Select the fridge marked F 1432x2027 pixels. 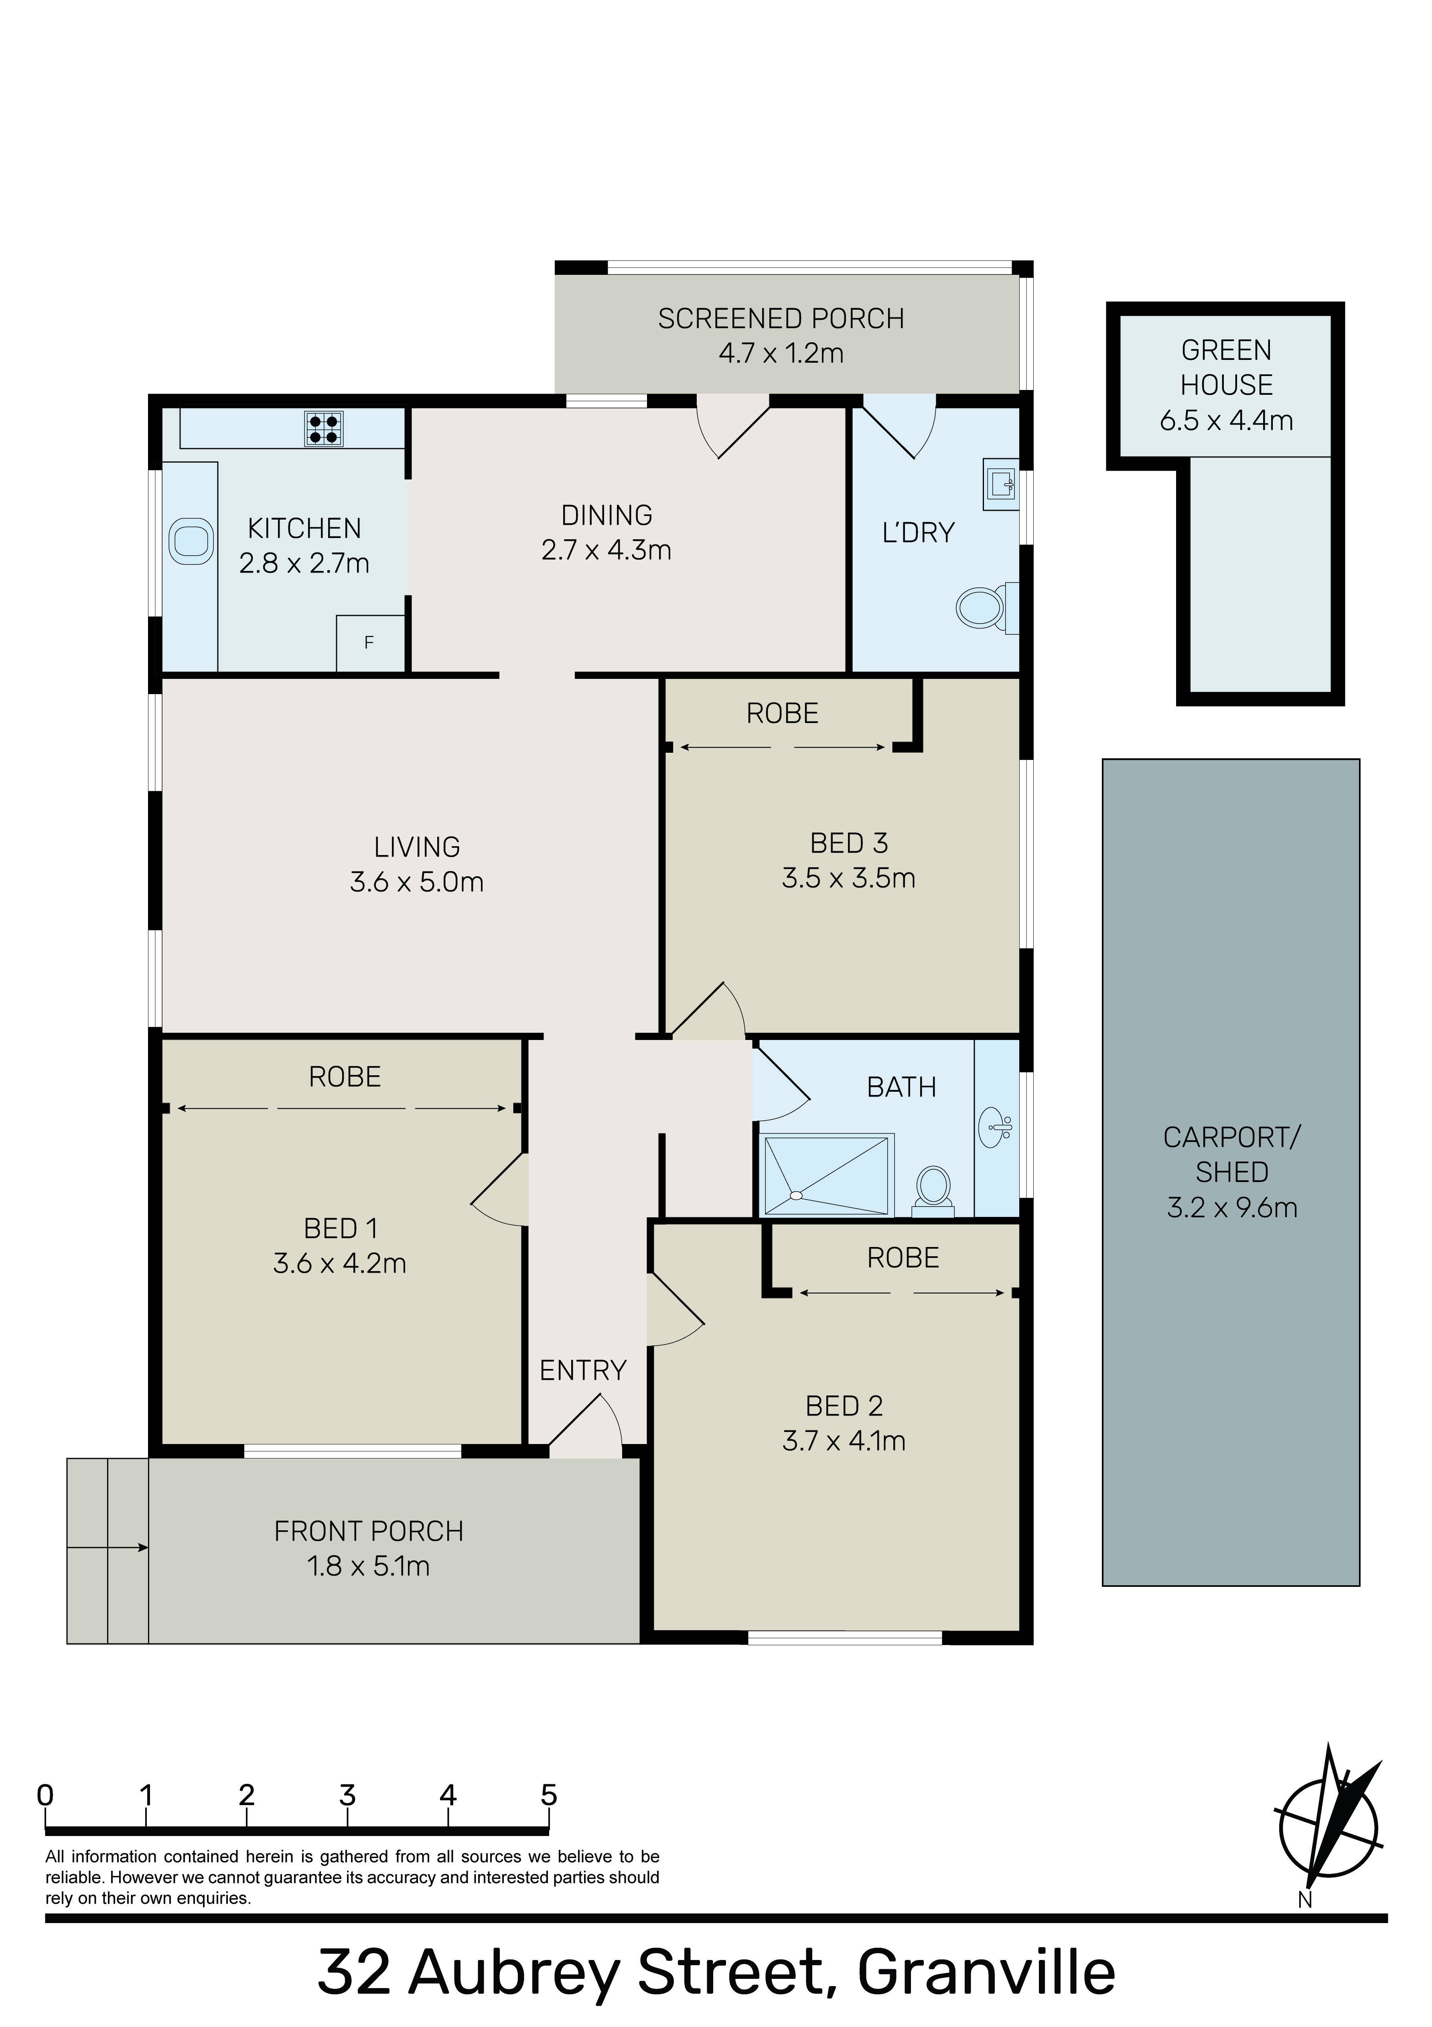click(370, 643)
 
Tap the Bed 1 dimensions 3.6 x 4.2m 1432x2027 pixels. click(340, 1263)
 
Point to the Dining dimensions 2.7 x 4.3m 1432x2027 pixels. click(606, 550)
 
